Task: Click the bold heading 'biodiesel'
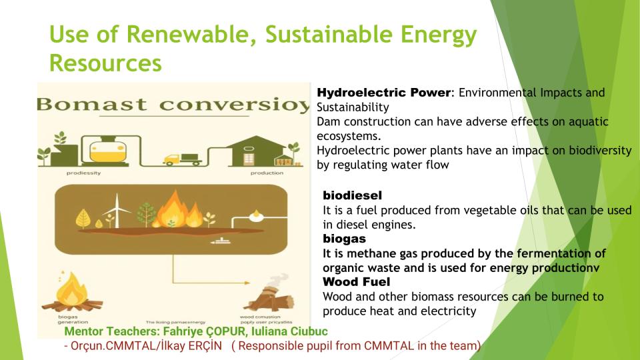click(x=352, y=196)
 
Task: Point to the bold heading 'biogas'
click(x=344, y=238)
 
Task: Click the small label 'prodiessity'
click(x=83, y=173)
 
